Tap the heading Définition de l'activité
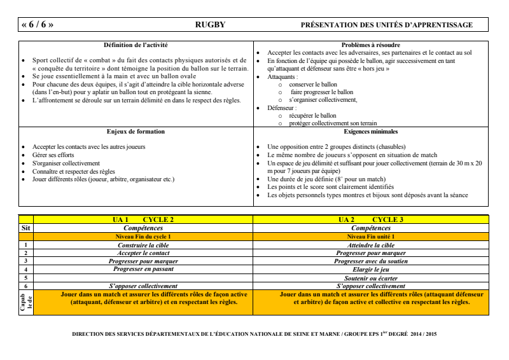click(135, 45)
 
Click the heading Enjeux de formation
click(134, 132)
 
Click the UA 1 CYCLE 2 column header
click(143, 219)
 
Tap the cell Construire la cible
click(143, 245)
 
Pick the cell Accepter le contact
click(143, 253)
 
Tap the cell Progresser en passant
click(143, 269)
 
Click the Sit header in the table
click(25, 227)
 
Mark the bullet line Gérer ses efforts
click(50, 155)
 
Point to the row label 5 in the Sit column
click(26, 277)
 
